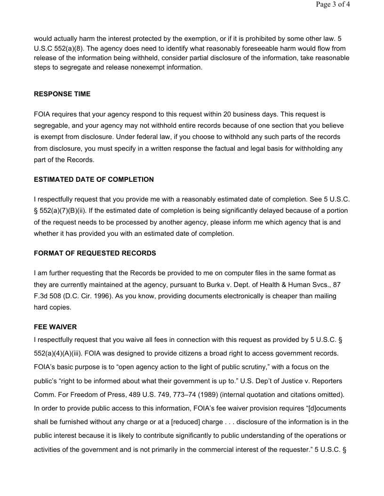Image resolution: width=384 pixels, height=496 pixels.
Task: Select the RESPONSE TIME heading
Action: pos(62,94)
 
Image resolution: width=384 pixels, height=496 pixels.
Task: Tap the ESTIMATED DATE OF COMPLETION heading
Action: pos(94,179)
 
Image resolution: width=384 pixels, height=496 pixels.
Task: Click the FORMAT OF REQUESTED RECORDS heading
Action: pos(95,253)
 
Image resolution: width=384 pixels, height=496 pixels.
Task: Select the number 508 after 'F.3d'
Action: pos(56,296)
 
